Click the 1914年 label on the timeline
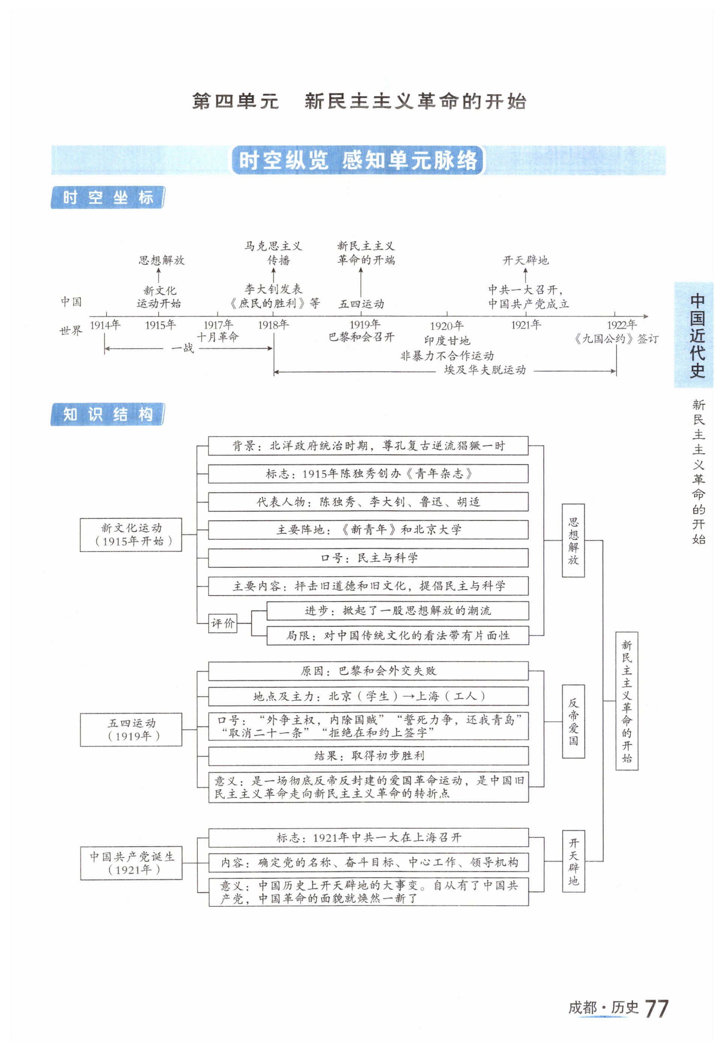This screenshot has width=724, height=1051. point(105,325)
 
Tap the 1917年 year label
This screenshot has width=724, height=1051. point(218,325)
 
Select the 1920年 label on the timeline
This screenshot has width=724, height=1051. point(446,326)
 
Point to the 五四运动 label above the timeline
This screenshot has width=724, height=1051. point(361,304)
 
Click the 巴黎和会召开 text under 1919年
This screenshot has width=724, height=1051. point(361,337)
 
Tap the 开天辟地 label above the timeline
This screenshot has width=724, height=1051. point(525,260)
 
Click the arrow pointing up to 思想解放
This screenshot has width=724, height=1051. point(158,276)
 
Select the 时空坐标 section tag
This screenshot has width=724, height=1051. point(107,198)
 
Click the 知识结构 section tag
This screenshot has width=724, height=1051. point(107,414)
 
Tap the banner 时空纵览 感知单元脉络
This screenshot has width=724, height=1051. point(358,160)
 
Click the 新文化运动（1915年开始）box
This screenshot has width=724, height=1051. point(131,535)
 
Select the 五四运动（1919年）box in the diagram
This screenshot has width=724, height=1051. point(131,730)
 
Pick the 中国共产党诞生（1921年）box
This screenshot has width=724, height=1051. point(131,863)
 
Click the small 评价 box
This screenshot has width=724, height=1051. point(223,623)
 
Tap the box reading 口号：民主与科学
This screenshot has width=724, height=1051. point(368,558)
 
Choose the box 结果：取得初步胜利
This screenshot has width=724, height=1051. point(368,756)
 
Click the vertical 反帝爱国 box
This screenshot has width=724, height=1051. point(573,721)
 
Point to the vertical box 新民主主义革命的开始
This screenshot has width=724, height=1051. point(626,700)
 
